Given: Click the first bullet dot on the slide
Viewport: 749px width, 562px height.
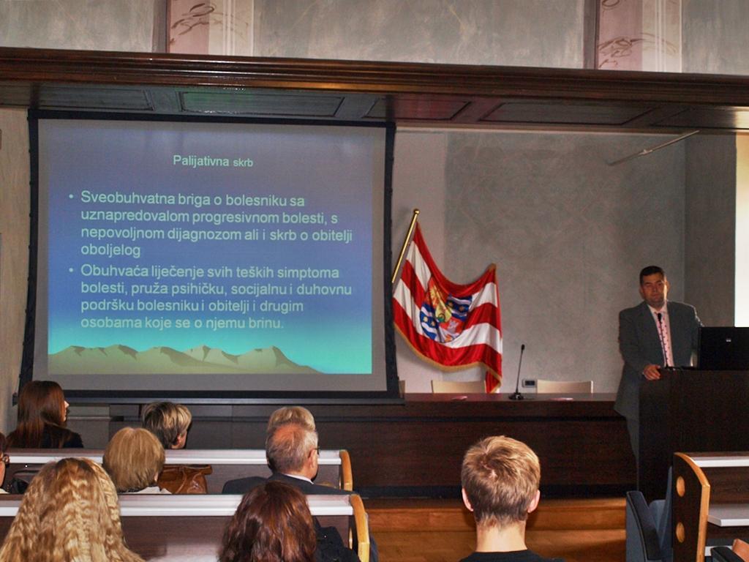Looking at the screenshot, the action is (71, 196).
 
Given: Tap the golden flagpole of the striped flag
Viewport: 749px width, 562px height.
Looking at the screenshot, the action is (405, 246).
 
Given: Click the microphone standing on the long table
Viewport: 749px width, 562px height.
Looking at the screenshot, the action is (518, 372).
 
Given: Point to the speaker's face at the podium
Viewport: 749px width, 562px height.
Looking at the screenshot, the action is (653, 288).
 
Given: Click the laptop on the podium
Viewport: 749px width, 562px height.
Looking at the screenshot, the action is (723, 348).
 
